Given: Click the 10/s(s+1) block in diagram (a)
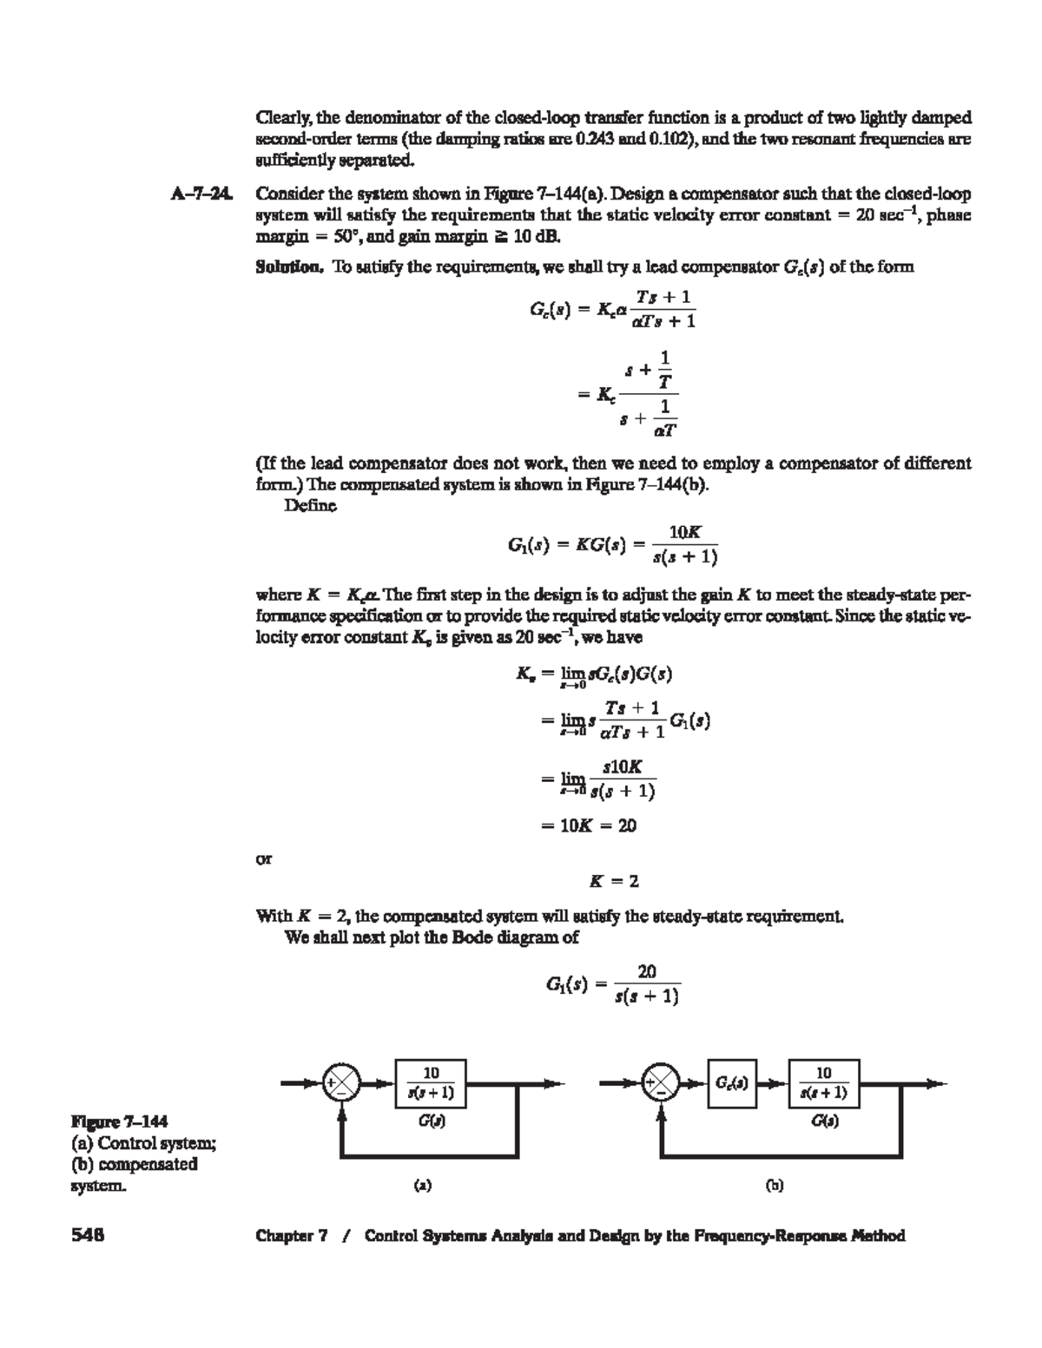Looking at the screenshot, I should point(431,1083).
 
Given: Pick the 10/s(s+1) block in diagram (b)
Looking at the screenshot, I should point(824,1083).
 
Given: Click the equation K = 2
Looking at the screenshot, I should point(614,881).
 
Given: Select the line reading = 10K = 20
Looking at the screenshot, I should point(588,825).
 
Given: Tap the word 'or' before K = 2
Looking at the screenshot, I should point(262,859).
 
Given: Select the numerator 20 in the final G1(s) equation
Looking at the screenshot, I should point(647,971).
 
